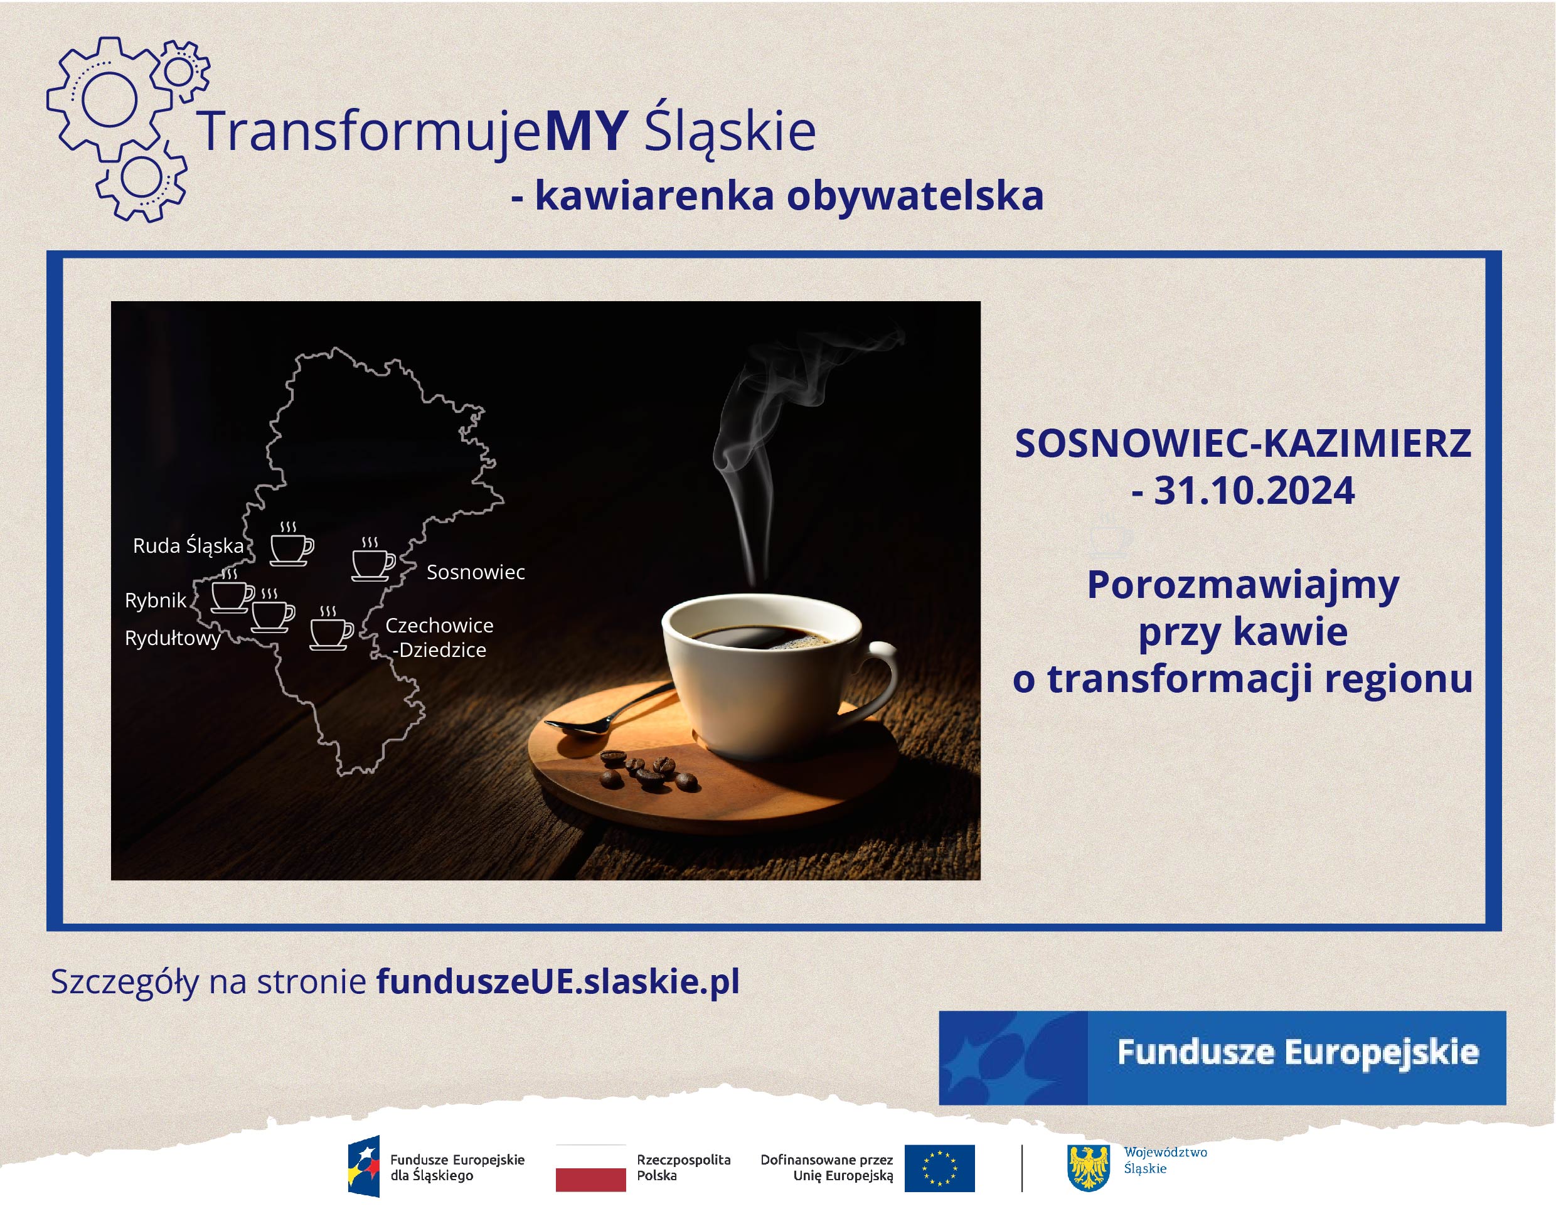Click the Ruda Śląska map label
[189, 546]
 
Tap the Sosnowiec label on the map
[476, 572]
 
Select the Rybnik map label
[155, 600]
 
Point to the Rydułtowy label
[173, 637]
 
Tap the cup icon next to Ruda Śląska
[292, 545]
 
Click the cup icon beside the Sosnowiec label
[373, 559]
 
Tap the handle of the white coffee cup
[880, 679]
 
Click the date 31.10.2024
[1254, 491]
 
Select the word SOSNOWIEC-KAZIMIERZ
[1243, 443]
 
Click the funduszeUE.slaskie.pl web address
[558, 981]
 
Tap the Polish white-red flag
[590, 1168]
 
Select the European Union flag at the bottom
[939, 1168]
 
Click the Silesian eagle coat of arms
[1089, 1168]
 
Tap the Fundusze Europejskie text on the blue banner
[1298, 1052]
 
